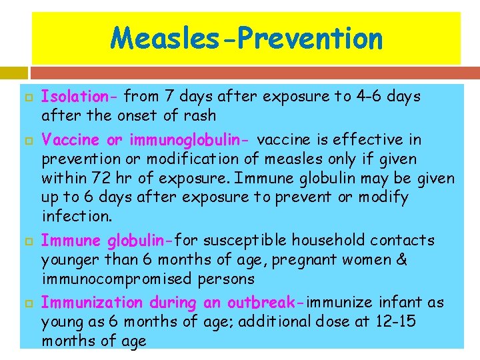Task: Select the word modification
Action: (x=169, y=159)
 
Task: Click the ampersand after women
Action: (x=401, y=259)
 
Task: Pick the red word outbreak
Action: (x=265, y=303)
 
